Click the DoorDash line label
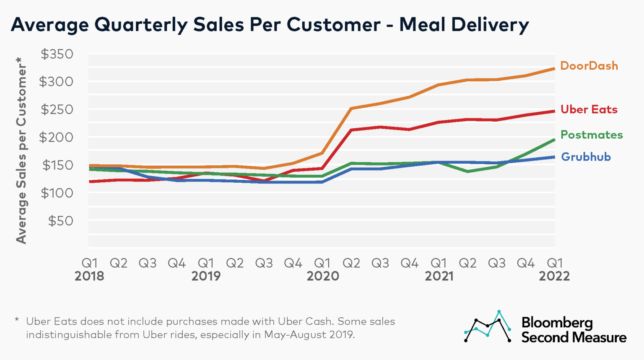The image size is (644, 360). (589, 66)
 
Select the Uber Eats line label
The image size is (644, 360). (589, 109)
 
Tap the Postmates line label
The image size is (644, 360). (591, 135)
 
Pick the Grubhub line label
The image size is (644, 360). (586, 157)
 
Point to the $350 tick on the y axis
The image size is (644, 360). (57, 54)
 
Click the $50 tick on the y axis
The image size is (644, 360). (60, 221)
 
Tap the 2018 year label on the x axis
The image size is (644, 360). (89, 276)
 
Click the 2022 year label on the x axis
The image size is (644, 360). (554, 276)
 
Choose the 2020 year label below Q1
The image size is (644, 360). (322, 276)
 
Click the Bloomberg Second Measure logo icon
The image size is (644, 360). (488, 326)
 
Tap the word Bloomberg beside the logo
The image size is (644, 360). (557, 323)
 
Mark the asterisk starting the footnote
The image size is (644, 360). (17, 320)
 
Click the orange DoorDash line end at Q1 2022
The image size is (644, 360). (554, 68)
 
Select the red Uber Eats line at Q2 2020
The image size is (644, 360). (351, 130)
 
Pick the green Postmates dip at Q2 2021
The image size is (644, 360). (467, 171)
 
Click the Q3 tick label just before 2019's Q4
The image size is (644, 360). (264, 263)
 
